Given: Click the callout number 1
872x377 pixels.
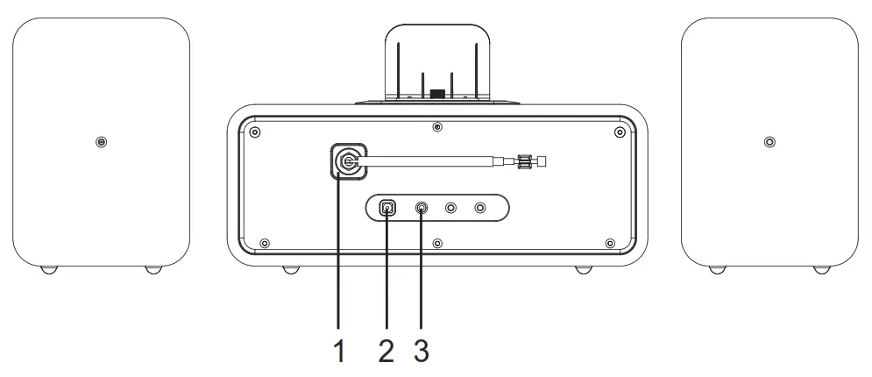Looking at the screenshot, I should pos(339,352).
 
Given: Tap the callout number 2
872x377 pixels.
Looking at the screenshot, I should pos(386,352).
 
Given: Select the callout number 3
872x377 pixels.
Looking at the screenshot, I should pos(422,352).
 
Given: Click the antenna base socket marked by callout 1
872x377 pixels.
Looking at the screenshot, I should pos(349,161).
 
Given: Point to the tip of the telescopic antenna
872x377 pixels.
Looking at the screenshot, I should pos(542,160).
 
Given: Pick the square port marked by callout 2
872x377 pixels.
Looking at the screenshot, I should pos(386,208).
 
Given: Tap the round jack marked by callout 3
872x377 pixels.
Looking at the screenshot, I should pos(422,208).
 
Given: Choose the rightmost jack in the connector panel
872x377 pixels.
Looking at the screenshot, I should pos(479,208).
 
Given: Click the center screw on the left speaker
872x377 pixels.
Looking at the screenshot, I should pos(102,142).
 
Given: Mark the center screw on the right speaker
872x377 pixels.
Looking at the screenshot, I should pos(769,142).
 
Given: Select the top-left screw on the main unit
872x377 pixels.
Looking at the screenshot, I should pos(254,132).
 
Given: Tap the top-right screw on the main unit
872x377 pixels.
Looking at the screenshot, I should pos(620,132).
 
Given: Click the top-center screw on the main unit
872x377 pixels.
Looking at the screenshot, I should pos(437,128).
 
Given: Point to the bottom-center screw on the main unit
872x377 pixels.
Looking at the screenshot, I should pos(437,243).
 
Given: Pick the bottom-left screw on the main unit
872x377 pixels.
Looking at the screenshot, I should pos(265,243).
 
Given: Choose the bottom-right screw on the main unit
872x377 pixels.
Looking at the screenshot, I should pos(610,243).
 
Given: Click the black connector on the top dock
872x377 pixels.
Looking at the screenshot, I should pos(437,93).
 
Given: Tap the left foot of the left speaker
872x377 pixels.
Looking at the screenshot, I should pos(50,269).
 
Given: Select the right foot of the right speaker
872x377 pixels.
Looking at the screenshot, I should pos(821,269).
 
